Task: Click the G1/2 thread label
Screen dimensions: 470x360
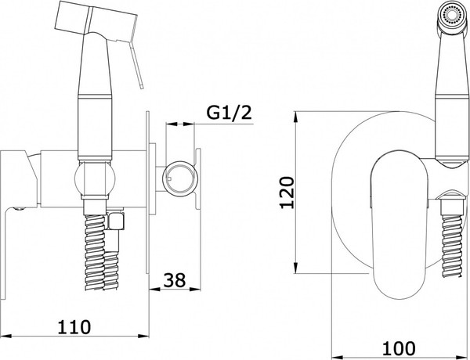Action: (229, 113)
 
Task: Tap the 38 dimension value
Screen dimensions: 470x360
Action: (175, 280)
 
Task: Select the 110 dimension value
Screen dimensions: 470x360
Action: (74, 327)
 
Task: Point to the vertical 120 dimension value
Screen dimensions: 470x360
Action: (287, 193)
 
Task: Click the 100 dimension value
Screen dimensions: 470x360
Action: (399, 348)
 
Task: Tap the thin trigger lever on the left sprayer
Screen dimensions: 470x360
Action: (136, 65)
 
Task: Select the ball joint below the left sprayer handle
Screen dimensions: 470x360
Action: (95, 178)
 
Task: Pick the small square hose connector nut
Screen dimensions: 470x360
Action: (116, 221)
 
